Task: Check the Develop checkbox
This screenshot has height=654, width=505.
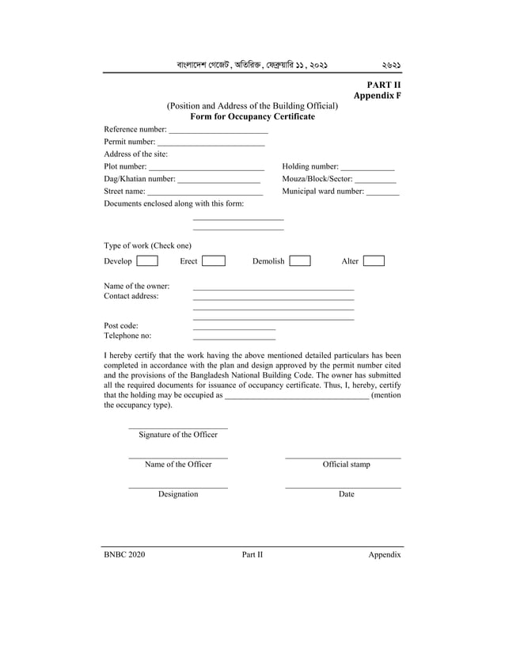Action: (146, 261)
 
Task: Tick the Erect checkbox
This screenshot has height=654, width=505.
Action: (213, 261)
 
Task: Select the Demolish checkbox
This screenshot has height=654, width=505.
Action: (299, 261)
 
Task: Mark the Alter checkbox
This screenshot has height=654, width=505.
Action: (374, 261)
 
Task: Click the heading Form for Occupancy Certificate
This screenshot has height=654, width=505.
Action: (252, 116)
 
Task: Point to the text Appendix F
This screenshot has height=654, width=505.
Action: (377, 95)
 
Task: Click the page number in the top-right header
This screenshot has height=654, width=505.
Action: (391, 65)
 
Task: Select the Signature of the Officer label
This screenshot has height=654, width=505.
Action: (178, 435)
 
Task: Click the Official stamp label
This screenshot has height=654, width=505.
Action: (346, 464)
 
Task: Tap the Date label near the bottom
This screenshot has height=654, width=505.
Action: (346, 494)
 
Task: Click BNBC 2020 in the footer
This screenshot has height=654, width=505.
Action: (124, 554)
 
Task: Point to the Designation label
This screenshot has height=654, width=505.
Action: (178, 494)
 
